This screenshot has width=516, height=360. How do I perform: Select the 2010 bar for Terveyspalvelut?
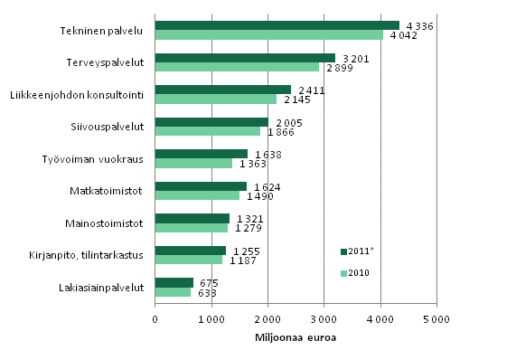point(237,67)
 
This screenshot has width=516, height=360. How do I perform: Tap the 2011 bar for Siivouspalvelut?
point(211,122)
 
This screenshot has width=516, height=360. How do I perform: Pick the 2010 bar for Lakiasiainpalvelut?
point(173,292)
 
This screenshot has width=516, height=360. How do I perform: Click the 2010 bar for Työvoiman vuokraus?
point(193,164)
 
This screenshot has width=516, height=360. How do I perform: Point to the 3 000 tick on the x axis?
point(324,318)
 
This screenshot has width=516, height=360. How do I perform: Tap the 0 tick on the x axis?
point(155,318)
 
